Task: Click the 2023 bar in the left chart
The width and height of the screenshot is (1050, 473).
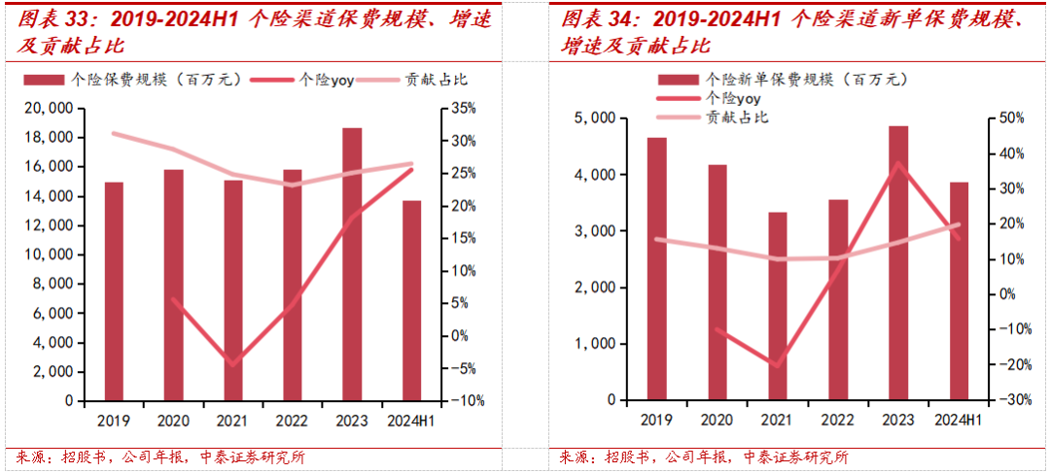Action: click(352, 264)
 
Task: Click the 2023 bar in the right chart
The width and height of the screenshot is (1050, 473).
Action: click(898, 262)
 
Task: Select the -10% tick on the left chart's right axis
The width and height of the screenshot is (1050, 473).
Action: click(463, 400)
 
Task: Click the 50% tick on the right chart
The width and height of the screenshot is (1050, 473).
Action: click(1010, 118)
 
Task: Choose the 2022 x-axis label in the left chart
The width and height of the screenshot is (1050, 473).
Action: click(292, 420)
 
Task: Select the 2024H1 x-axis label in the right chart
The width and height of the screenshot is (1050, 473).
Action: click(958, 420)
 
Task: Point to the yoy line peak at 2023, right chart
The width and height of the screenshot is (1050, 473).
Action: click(899, 162)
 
